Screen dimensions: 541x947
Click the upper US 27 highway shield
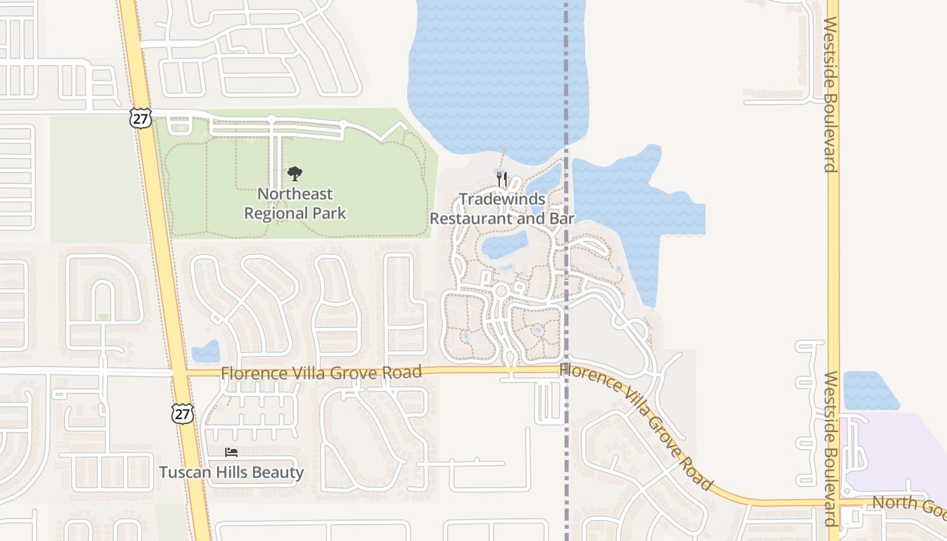click(x=141, y=118)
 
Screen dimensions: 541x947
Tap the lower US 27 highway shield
click(x=182, y=414)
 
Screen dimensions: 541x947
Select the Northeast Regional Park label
click(x=295, y=204)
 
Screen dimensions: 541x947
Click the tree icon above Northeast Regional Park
click(x=294, y=174)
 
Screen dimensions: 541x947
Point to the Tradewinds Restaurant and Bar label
click(x=502, y=209)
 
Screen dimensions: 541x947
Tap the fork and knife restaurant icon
click(x=501, y=179)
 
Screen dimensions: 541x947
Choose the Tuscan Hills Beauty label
click(x=231, y=472)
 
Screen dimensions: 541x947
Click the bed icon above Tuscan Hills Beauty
click(x=231, y=452)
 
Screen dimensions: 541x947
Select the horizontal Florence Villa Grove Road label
click(x=321, y=373)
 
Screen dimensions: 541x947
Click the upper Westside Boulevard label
click(x=832, y=95)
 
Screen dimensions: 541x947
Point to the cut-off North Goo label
click(x=909, y=504)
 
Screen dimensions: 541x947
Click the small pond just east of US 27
click(x=206, y=352)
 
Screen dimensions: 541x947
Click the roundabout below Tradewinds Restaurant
click(x=501, y=291)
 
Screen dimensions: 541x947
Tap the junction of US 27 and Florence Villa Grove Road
click(x=179, y=372)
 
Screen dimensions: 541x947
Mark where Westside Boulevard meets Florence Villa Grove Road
click(x=833, y=502)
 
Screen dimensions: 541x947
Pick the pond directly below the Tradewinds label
click(x=504, y=244)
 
